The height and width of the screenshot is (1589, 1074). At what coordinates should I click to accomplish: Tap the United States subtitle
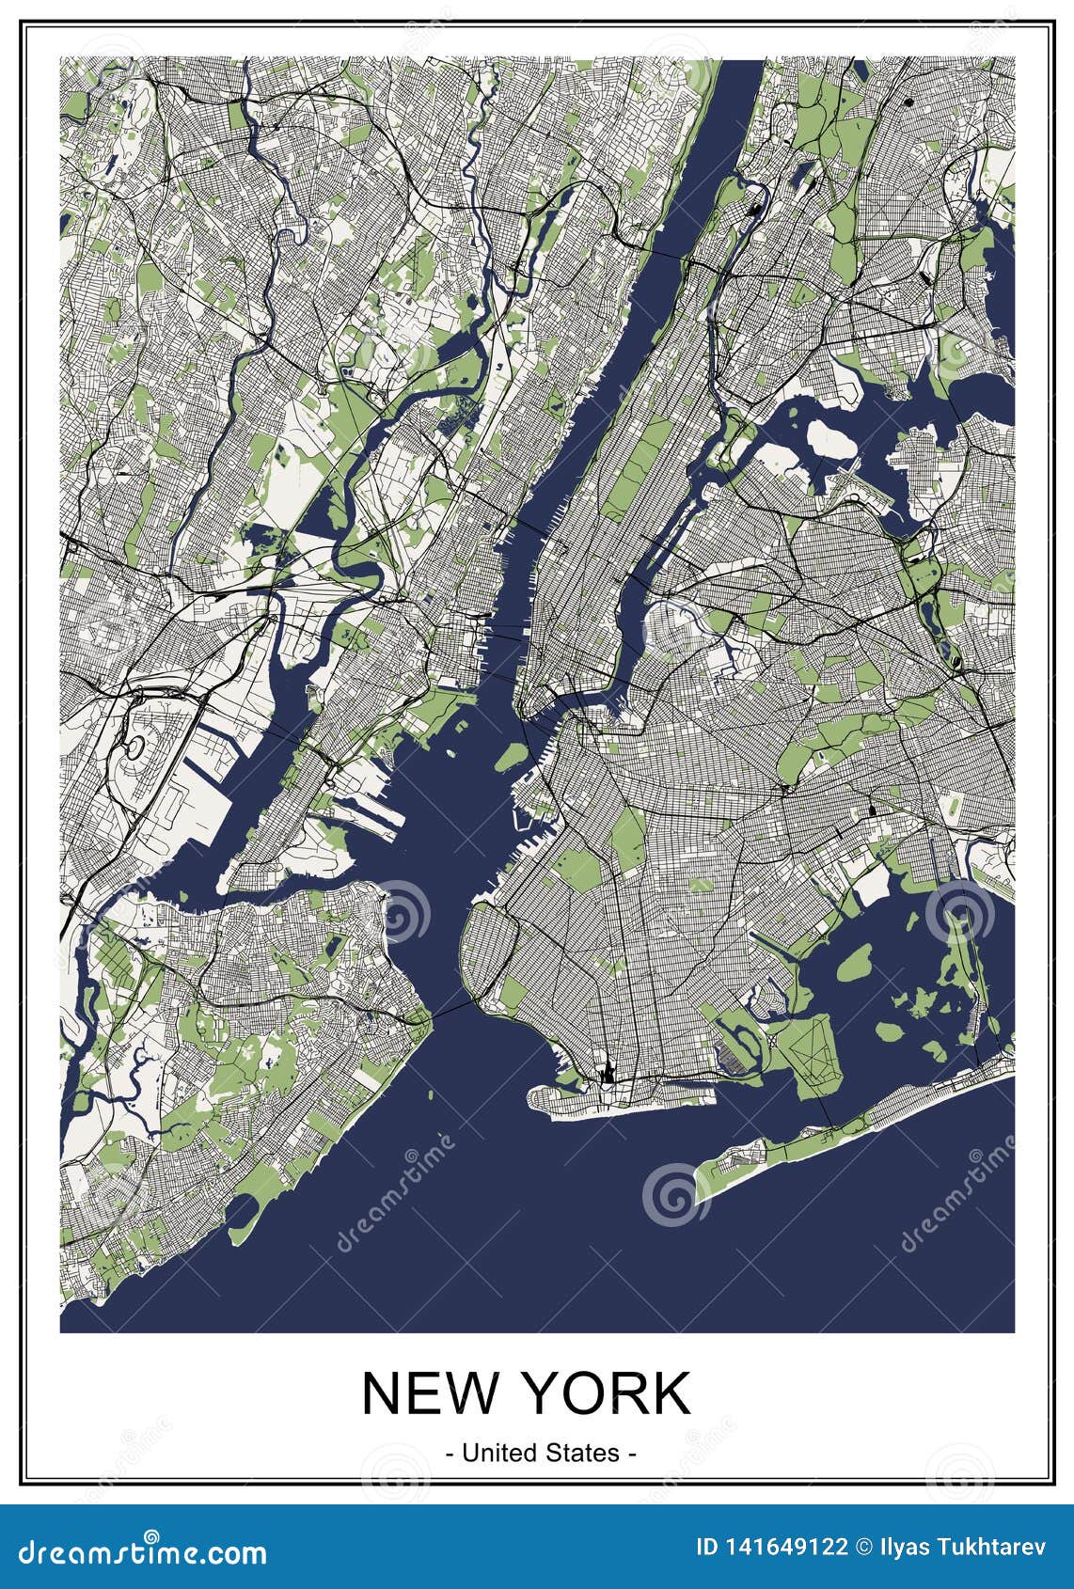point(539,1452)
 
